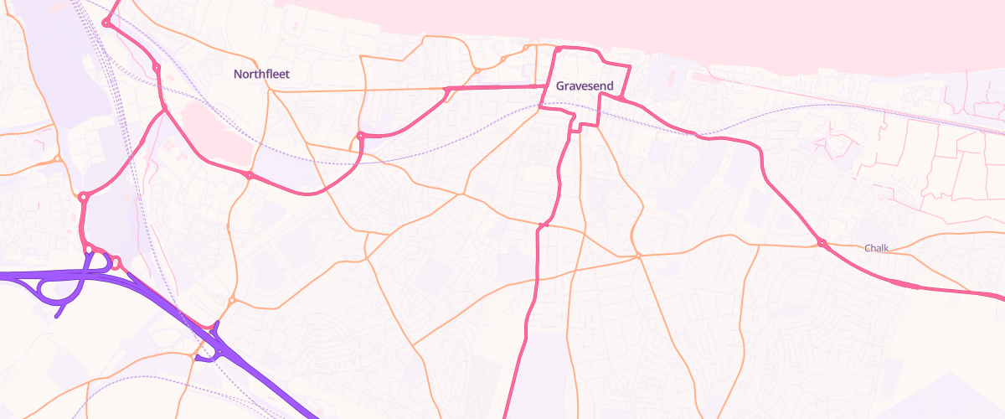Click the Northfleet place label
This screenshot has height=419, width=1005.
(x=261, y=75)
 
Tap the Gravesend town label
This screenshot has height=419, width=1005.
(x=585, y=86)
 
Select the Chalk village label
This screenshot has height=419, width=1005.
(x=877, y=248)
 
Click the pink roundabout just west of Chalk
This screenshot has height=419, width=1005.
(x=822, y=243)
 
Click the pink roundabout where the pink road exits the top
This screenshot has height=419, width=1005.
(x=106, y=23)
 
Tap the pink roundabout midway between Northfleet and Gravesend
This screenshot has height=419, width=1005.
(x=361, y=135)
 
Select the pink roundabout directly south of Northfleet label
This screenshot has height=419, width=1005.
(x=250, y=175)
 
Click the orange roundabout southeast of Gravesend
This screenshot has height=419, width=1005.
(x=638, y=256)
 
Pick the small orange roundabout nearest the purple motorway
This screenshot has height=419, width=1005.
(x=232, y=301)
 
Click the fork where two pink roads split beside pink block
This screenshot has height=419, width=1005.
(x=165, y=109)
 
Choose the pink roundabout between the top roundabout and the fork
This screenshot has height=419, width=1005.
(x=157, y=67)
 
